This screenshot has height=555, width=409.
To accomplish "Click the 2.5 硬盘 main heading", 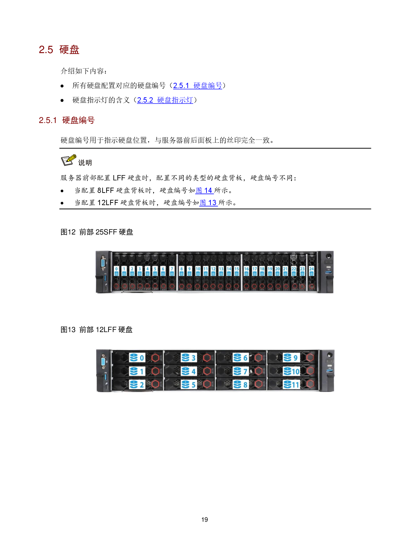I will click(59, 50).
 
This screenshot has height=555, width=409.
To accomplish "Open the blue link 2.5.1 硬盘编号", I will click(198, 86).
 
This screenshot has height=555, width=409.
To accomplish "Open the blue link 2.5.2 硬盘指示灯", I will click(165, 100).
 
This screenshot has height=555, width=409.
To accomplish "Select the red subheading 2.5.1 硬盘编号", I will click(67, 120).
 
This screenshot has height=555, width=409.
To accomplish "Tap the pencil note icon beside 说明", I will click(69, 160).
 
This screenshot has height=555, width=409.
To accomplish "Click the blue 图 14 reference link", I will click(204, 191).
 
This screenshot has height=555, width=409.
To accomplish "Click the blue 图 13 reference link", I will click(208, 203).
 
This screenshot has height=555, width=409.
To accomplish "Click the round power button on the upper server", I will click(329, 256).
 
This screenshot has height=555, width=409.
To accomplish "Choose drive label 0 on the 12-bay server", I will click(137, 358).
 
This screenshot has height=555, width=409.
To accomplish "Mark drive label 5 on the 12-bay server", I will click(189, 385).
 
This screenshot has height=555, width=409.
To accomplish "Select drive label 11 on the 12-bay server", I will click(292, 385).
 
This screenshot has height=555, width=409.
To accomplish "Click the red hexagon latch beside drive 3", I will click(207, 358).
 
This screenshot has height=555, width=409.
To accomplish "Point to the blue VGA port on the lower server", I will click(104, 362).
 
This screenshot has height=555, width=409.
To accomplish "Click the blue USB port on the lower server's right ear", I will click(329, 371).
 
